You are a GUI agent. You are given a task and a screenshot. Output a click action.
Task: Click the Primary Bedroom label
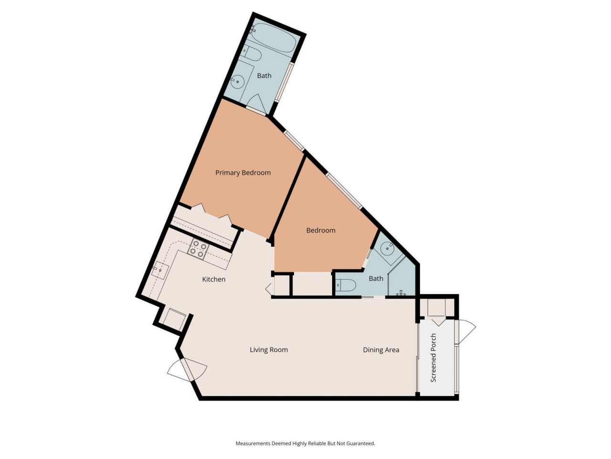tap(243, 173)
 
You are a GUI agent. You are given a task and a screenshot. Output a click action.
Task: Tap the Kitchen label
tap(214, 279)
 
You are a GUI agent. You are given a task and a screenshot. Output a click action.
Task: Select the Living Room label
tap(269, 350)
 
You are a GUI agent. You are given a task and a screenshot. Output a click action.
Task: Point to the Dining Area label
tap(381, 350)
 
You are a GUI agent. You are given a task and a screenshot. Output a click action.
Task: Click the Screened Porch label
tap(433, 358)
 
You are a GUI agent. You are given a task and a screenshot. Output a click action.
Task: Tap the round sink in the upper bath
tap(237, 81)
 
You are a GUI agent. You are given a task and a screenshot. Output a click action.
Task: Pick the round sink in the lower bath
tap(387, 249)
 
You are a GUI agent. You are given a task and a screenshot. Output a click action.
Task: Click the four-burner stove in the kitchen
tap(199, 250)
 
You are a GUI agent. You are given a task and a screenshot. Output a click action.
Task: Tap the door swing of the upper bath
tap(257, 103)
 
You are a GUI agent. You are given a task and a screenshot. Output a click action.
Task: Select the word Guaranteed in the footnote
tap(362, 443)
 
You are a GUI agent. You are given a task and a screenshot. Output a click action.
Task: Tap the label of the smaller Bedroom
tap(321, 230)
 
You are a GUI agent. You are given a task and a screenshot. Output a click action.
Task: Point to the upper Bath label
tap(264, 76)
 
